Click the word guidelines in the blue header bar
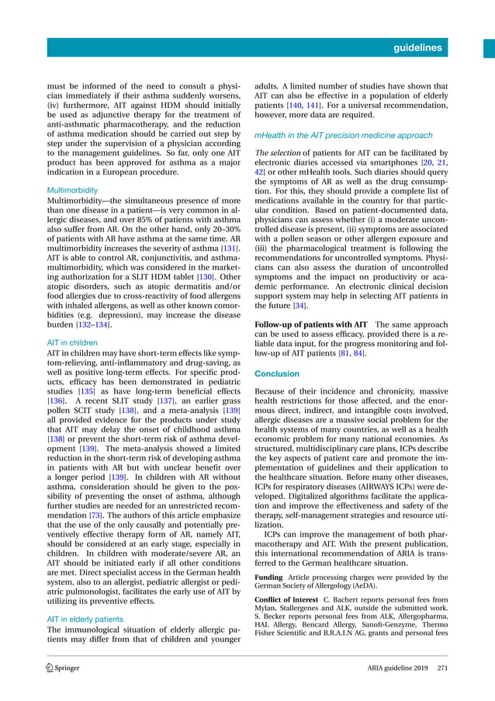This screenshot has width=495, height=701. tap(417, 47)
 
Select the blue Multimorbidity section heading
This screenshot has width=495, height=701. tap(73, 189)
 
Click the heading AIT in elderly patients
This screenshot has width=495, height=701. tap(85, 619)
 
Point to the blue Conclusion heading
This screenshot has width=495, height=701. tap(277, 373)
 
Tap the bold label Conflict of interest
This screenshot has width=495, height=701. tap(286, 600)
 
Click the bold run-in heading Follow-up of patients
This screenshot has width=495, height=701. tap(311, 324)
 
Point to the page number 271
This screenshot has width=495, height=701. tap(442, 668)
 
